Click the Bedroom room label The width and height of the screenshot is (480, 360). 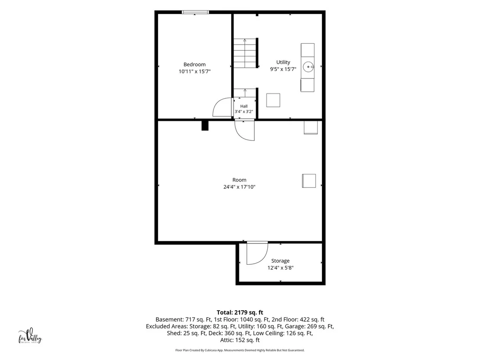195,64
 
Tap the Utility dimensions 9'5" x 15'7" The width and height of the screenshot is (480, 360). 283,69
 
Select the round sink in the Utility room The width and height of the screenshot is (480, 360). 308,66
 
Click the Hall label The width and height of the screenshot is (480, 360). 244,106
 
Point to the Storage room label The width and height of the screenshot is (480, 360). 280,261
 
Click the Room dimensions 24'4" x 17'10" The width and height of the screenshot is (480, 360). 239,187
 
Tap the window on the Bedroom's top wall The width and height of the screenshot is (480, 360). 195,12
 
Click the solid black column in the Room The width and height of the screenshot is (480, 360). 205,126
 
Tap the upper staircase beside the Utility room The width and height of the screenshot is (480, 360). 245,53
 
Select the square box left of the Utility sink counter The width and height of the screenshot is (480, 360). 273,100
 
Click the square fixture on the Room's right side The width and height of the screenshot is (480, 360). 309,181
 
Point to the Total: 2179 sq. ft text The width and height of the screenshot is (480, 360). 240,312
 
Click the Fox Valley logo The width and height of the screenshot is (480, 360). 30,337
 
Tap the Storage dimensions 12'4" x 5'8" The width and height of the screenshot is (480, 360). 280,268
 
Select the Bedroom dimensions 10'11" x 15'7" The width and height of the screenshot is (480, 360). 195,71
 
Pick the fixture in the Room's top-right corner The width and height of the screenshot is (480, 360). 311,128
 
